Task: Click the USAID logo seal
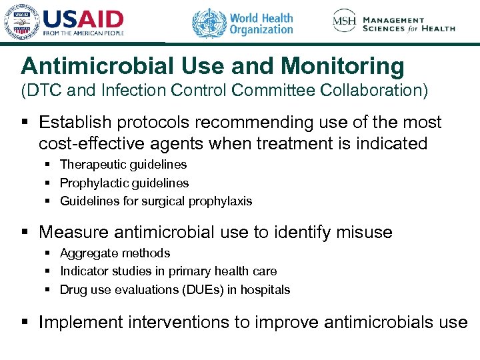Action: (x=21, y=22)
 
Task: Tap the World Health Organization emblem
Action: (x=209, y=23)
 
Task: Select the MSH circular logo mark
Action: (x=345, y=21)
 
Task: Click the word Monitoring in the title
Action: (x=343, y=66)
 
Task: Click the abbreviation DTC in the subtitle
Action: (x=45, y=91)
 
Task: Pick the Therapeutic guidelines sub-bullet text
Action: (x=123, y=164)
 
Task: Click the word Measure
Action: (x=74, y=232)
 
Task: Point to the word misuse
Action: (x=364, y=232)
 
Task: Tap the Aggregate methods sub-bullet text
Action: (x=115, y=253)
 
